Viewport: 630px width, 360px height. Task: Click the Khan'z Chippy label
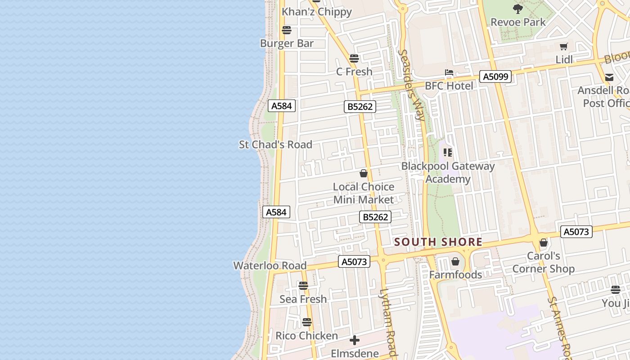(x=316, y=12)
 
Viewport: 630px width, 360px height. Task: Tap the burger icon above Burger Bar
(x=287, y=30)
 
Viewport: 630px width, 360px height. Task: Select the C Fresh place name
(x=354, y=72)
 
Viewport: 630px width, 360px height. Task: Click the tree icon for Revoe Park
(x=518, y=9)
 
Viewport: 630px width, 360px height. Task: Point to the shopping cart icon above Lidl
(x=563, y=46)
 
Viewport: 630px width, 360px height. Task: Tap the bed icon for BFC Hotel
(x=449, y=72)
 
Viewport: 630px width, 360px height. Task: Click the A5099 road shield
(x=495, y=76)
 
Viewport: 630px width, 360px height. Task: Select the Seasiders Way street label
(x=411, y=85)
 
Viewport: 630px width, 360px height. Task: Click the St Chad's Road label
(x=275, y=144)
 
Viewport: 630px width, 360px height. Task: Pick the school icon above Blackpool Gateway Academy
(x=448, y=153)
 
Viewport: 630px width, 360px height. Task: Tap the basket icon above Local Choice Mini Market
(x=364, y=173)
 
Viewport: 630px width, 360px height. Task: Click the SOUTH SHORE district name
(x=438, y=242)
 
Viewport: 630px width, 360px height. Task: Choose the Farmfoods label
(x=455, y=274)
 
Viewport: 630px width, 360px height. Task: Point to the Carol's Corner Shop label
(x=543, y=262)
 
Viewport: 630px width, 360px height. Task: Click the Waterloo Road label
(x=270, y=265)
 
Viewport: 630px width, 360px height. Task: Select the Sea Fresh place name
(x=303, y=299)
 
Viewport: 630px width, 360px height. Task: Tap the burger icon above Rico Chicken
(x=307, y=322)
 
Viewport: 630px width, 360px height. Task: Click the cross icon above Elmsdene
(x=355, y=340)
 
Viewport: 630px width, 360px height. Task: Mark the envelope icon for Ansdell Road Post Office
(x=609, y=77)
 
